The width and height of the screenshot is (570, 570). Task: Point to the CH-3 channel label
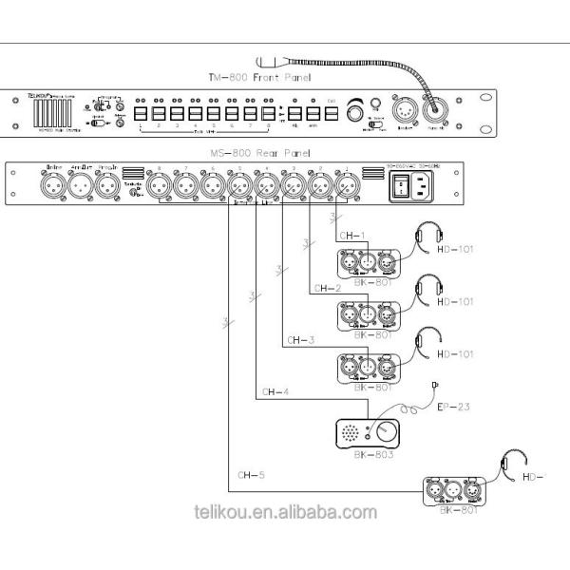point(296,338)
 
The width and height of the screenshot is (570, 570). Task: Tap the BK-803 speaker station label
point(365,455)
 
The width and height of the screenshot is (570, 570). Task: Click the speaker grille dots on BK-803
point(353,433)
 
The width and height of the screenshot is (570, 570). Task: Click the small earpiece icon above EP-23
point(434,384)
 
